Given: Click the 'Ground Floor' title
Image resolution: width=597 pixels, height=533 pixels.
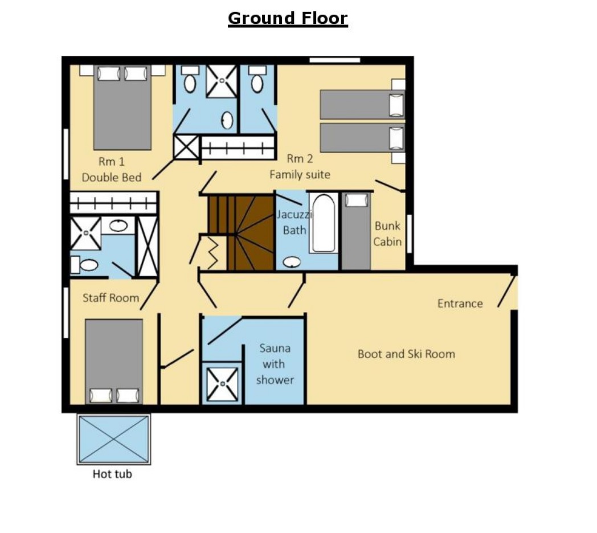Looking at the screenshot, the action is [288, 18].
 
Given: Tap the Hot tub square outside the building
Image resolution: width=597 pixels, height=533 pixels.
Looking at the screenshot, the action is [114, 440].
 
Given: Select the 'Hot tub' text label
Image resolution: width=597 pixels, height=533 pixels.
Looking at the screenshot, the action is [112, 474].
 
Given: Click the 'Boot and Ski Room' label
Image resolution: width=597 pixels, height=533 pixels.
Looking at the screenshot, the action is [406, 354].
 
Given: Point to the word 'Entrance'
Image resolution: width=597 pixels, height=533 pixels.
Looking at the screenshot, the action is [460, 304].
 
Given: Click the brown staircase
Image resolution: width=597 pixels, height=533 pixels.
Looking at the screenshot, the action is [241, 232].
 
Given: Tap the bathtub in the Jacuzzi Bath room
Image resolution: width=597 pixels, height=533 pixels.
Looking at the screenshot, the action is [324, 223].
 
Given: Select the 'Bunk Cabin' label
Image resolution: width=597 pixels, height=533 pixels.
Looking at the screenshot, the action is [387, 234].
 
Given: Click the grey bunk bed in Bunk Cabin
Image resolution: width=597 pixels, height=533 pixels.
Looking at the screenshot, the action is [356, 231].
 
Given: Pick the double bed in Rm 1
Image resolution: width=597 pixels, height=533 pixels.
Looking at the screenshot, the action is [122, 108].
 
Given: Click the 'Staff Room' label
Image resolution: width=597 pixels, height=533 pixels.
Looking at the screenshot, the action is [111, 298].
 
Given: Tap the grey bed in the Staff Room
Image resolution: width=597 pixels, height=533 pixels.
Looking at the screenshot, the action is [114, 362].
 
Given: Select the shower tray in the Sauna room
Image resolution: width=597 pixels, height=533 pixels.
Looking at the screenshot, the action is [222, 384].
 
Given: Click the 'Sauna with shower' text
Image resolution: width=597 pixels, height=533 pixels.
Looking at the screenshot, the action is [275, 364].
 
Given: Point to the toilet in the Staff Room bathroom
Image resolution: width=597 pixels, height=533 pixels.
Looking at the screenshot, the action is [84, 265].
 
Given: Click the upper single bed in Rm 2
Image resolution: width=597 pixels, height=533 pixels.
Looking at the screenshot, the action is [362, 104].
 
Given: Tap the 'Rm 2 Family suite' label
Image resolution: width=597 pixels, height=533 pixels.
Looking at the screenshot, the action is [300, 166].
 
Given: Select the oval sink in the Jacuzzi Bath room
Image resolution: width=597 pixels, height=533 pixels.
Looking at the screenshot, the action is [292, 262].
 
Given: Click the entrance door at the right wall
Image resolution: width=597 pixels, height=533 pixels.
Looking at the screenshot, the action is [506, 292].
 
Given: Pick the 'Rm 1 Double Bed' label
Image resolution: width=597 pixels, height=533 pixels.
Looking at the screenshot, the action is [112, 170].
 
